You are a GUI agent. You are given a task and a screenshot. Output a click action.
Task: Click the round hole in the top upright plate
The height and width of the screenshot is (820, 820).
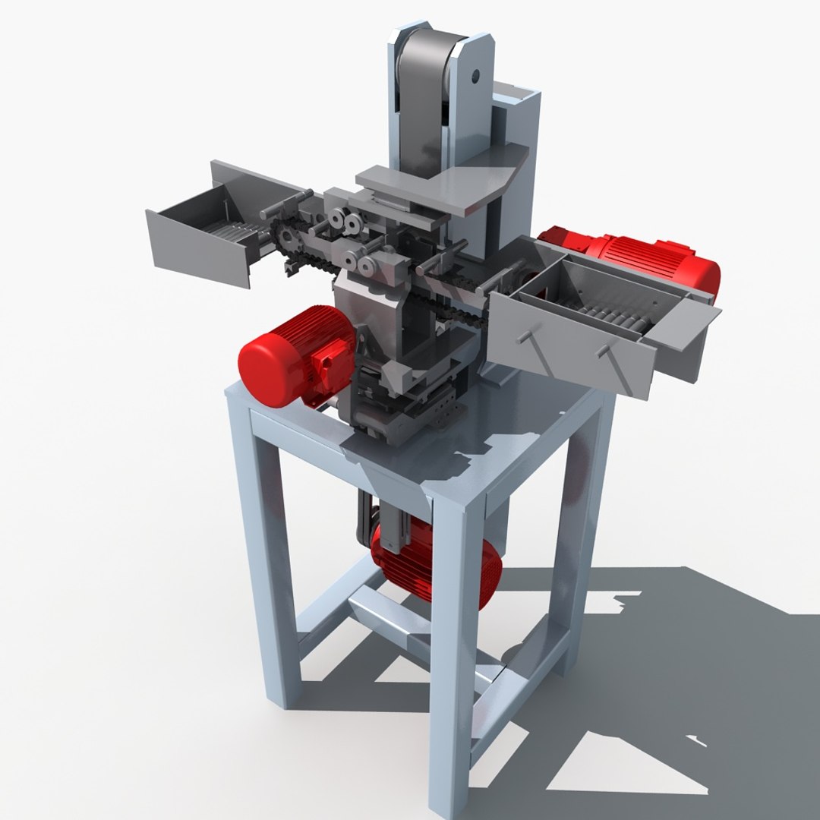pyautogui.click(x=475, y=76)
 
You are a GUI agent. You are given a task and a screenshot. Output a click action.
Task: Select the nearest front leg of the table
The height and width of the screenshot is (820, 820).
pyautogui.click(x=452, y=645)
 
